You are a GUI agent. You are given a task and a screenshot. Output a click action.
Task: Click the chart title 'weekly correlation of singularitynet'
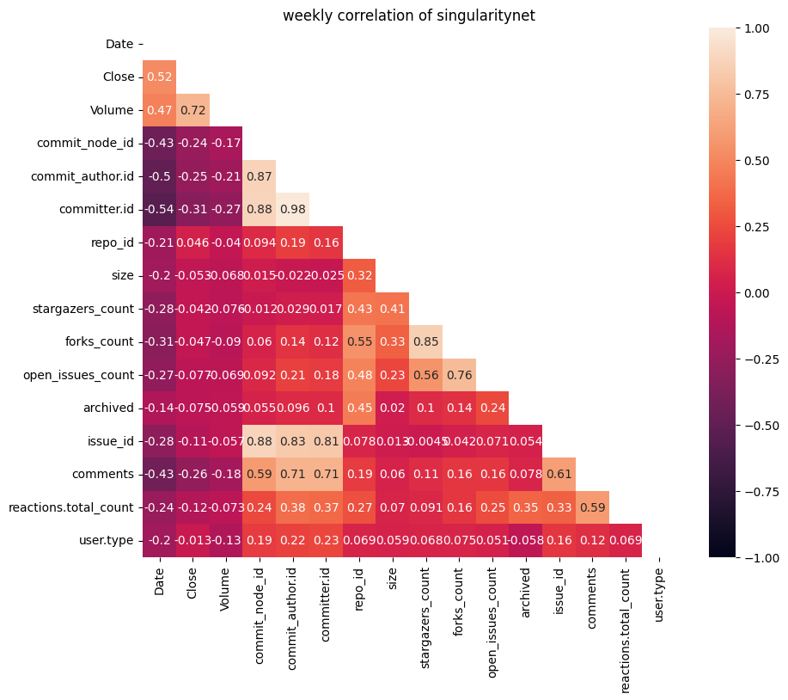pyautogui.click(x=409, y=15)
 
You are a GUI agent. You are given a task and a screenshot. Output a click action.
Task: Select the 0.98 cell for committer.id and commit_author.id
pyautogui.click(x=292, y=209)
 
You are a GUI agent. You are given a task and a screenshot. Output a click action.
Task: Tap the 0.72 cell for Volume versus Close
pyautogui.click(x=192, y=110)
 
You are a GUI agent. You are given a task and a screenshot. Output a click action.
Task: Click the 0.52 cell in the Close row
pyautogui.click(x=159, y=77)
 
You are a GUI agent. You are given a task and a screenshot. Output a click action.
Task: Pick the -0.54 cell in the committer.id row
pyautogui.click(x=159, y=209)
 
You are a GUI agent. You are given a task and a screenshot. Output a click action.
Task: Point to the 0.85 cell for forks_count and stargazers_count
pyautogui.click(x=425, y=341)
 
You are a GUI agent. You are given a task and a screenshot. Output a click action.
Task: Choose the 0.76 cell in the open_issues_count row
pyautogui.click(x=459, y=375)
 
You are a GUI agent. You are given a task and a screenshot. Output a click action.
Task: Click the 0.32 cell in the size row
pyautogui.click(x=359, y=275)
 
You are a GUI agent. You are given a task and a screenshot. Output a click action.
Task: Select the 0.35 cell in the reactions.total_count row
pyautogui.click(x=525, y=507)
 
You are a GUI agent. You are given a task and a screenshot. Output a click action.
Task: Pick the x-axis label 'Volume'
pyautogui.click(x=226, y=586)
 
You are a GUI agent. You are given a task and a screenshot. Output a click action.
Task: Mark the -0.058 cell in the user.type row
pyautogui.click(x=525, y=541)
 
